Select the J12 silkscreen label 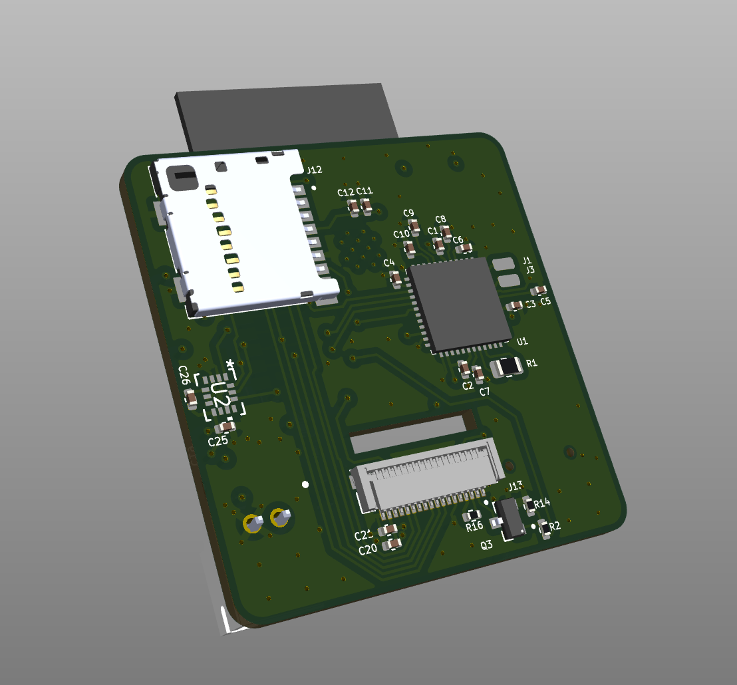[x=314, y=170]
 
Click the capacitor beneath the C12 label [x=354, y=209]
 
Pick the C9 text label [x=408, y=213]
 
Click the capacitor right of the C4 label [x=396, y=279]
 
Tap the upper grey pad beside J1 [x=505, y=263]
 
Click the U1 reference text [x=522, y=341]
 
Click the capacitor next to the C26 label [x=191, y=398]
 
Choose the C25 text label [x=218, y=441]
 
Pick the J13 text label [x=515, y=485]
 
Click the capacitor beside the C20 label [x=394, y=544]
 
